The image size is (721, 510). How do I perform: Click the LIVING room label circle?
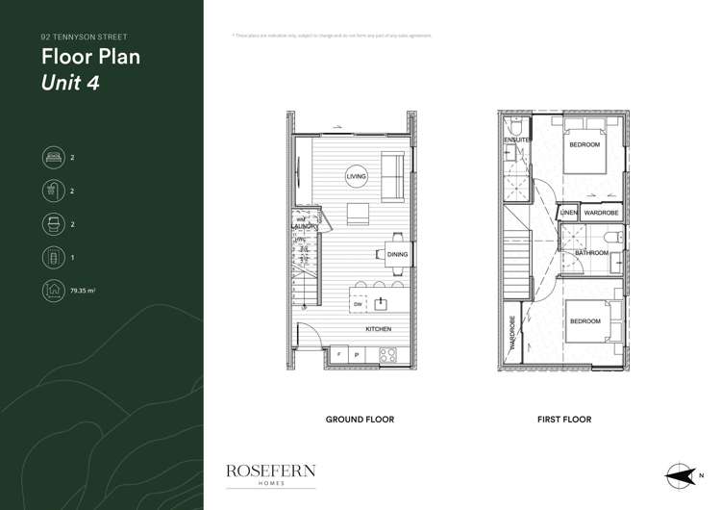[x=355, y=177]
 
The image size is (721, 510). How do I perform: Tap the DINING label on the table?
[x=398, y=255]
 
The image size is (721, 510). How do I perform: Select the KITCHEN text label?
[x=378, y=329]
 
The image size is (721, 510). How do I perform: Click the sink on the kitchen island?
[x=381, y=304]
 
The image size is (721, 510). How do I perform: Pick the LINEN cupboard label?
[x=568, y=212]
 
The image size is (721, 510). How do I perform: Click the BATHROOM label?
[x=592, y=253]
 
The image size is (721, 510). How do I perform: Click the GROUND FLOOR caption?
[x=360, y=420]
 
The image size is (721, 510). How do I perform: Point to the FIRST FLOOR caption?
[x=564, y=420]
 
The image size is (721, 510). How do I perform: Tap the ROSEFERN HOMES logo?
[x=270, y=473]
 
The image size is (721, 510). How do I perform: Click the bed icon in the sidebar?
[x=52, y=156]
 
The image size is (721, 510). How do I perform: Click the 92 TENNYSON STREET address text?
[x=84, y=37]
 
